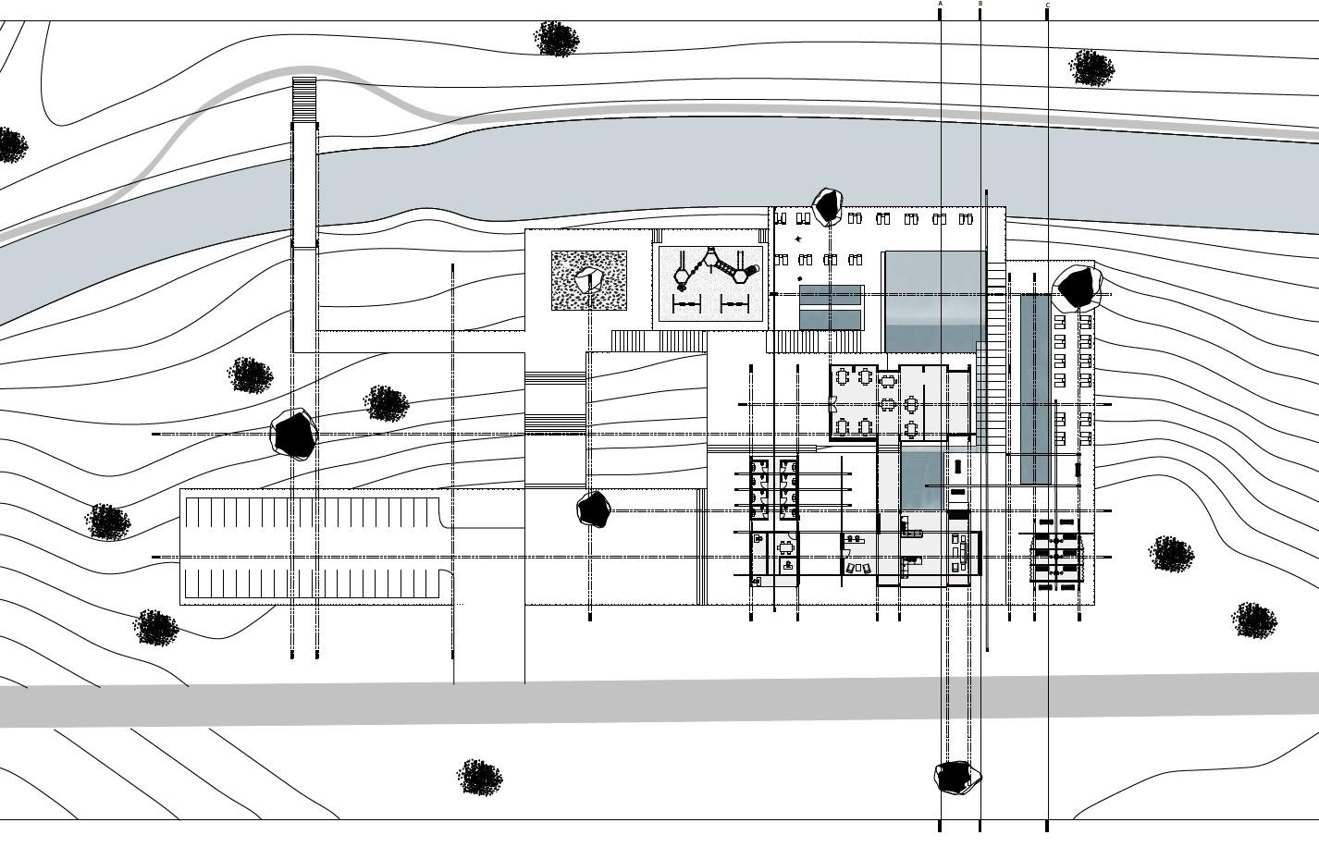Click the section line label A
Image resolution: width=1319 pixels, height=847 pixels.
941,4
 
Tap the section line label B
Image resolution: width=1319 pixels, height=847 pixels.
980,4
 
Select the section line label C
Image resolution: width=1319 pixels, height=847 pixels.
1048,6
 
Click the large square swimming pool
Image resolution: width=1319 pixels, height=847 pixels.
934,301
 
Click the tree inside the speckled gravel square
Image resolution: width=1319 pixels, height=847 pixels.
588,279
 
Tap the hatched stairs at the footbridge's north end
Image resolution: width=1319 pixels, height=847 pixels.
304,100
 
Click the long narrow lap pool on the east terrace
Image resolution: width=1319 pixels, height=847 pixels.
1035,388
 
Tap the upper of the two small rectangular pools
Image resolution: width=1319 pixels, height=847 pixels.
830,296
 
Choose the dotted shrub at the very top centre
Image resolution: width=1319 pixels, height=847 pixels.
557,40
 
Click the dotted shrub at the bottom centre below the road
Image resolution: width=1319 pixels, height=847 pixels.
480,777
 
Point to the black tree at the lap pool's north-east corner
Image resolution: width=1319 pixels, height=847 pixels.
1077,288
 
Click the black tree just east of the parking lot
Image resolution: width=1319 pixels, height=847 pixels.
594,509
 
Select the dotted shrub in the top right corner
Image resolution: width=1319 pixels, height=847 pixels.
1091,68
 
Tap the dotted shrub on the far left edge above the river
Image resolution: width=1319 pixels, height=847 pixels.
11,145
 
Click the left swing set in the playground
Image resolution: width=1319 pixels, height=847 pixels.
685,304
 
